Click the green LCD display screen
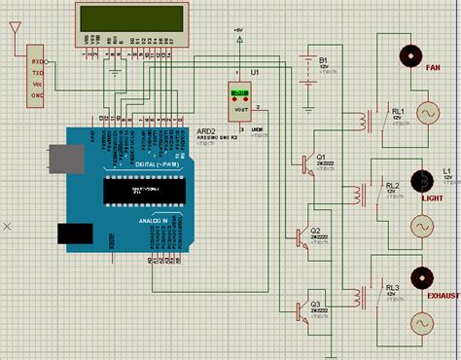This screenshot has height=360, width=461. [x=129, y=18]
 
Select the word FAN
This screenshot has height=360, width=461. [x=433, y=68]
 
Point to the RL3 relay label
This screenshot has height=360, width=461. [x=392, y=288]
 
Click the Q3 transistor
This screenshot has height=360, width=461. [x=302, y=310]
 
